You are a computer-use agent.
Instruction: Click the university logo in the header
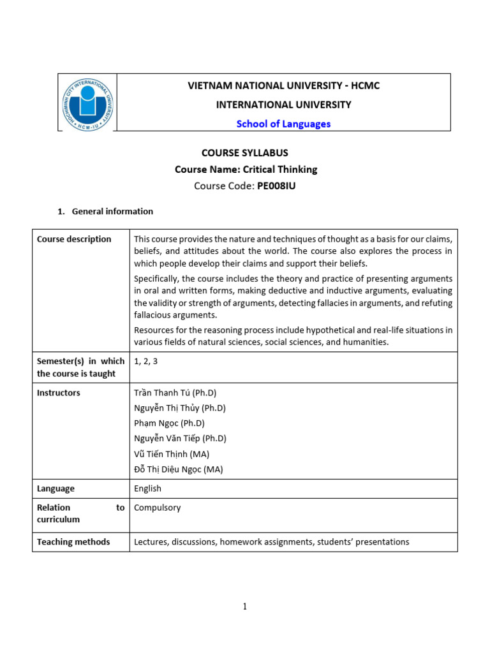[87, 103]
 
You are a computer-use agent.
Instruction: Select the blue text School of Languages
[283, 124]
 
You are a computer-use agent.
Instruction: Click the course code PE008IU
[276, 186]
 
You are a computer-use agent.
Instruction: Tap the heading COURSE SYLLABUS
[245, 153]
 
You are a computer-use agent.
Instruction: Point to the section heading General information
[112, 211]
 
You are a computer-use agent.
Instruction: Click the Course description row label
[74, 239]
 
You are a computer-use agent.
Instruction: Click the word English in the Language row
[147, 488]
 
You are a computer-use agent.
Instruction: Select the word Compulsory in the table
[158, 508]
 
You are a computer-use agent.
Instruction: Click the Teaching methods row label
[73, 542]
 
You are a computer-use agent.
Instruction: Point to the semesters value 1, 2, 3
[146, 361]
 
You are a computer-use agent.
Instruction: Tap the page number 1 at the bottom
[244, 606]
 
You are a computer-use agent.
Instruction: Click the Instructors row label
[59, 393]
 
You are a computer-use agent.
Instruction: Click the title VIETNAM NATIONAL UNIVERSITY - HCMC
[283, 85]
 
